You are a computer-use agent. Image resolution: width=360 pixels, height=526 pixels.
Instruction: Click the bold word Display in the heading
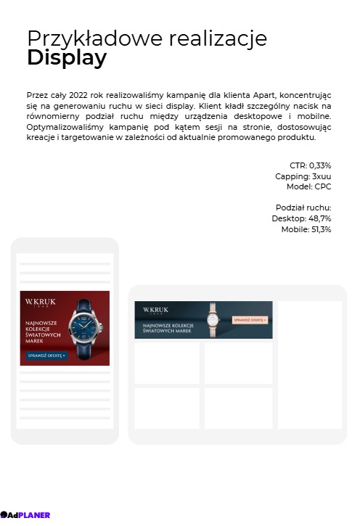click(67, 59)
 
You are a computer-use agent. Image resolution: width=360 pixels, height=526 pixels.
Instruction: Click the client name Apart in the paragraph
click(265, 95)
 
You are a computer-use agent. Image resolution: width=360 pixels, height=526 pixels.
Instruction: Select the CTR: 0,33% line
click(310, 165)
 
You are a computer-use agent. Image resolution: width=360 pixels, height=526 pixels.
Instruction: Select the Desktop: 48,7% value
click(301, 218)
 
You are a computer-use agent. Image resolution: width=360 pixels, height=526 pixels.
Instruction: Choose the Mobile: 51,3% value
click(306, 229)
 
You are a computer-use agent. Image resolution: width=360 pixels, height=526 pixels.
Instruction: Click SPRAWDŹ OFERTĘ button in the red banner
click(47, 356)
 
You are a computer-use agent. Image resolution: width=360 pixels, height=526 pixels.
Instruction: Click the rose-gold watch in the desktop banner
click(213, 319)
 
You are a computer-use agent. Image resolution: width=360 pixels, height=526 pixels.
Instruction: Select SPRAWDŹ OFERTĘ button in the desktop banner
click(250, 319)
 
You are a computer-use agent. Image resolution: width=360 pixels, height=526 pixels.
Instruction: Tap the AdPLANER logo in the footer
click(25, 515)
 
